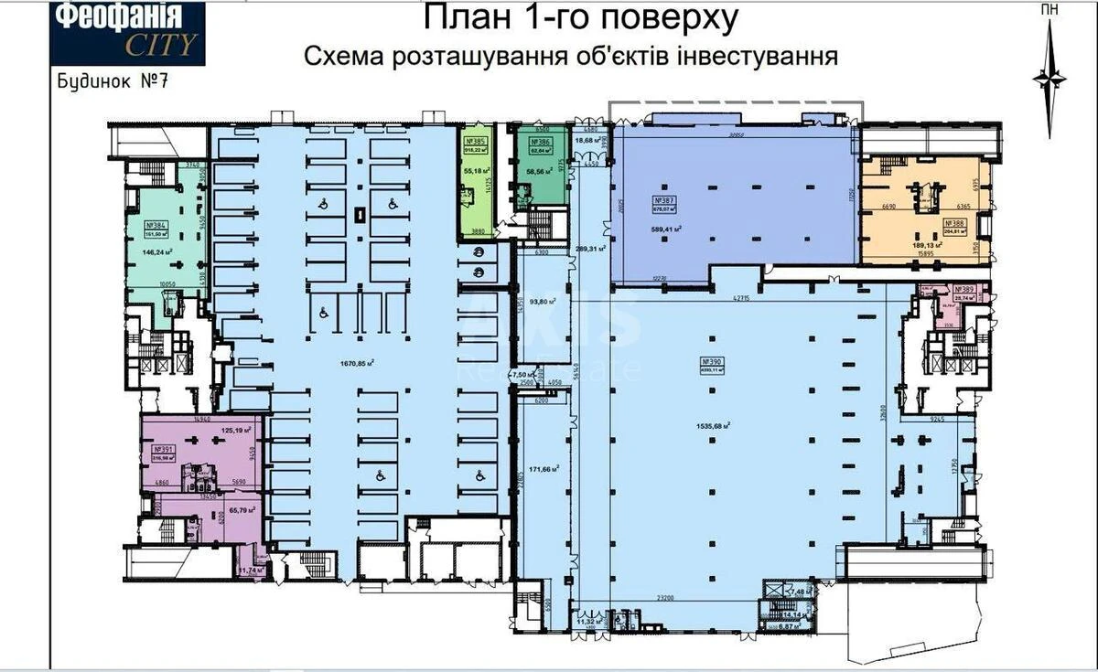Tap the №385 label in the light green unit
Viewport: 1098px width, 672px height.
(x=475, y=142)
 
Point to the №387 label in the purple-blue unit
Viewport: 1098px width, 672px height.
(x=665, y=199)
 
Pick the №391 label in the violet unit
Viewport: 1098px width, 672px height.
(x=164, y=449)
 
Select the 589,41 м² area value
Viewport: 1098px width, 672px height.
(x=665, y=229)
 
